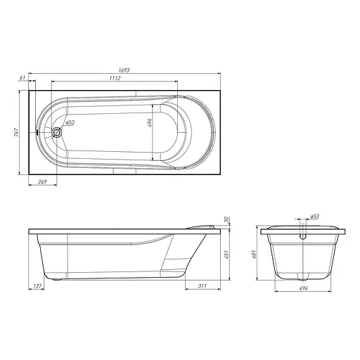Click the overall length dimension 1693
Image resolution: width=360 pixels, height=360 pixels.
tap(124, 70)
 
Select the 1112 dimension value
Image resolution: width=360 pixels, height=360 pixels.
tap(115, 78)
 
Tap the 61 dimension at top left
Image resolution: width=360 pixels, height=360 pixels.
tap(22, 77)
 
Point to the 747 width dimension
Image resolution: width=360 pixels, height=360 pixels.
tap(16, 132)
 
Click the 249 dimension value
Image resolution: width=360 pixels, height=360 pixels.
tap(42, 181)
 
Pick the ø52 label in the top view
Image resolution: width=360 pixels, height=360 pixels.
tap(70, 122)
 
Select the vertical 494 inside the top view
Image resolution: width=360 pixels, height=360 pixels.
tap(150, 123)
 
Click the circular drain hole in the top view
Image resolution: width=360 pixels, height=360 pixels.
tap(56, 132)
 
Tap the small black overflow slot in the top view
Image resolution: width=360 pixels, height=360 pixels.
tap(37, 132)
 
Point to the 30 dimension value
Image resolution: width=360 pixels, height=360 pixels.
tap(226, 219)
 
